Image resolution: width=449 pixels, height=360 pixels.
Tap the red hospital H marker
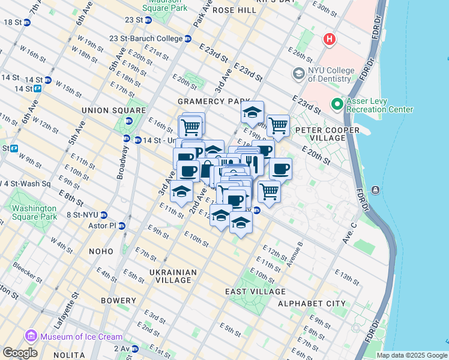pyautogui.click(x=328, y=40)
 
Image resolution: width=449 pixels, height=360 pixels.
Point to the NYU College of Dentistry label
pyautogui.click(x=330, y=74)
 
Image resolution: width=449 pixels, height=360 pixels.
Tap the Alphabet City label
pyautogui.click(x=312, y=304)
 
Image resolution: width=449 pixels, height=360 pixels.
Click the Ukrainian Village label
pyautogui.click(x=173, y=276)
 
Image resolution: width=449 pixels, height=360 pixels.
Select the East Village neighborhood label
pyautogui.click(x=255, y=292)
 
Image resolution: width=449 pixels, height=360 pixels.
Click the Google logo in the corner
pyautogui.click(x=20, y=352)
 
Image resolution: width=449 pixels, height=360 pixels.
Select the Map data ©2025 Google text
pyautogui.click(x=411, y=355)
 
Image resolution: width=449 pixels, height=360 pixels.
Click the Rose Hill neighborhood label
pyautogui.click(x=230, y=10)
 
